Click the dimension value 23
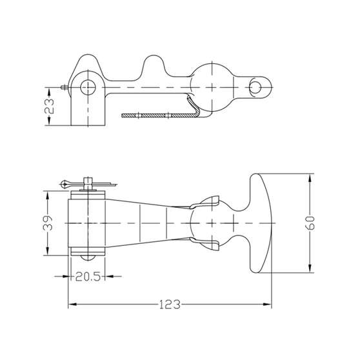tap(50, 106)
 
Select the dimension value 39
tap(48, 223)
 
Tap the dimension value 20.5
tap(88, 276)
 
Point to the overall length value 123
tap(170, 305)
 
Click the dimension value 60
tap(310, 223)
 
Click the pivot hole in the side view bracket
tap(88, 88)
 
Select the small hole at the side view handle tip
tap(255, 88)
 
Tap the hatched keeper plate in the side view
tap(161, 115)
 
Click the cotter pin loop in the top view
tap(65, 184)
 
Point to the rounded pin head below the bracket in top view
tap(88, 257)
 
